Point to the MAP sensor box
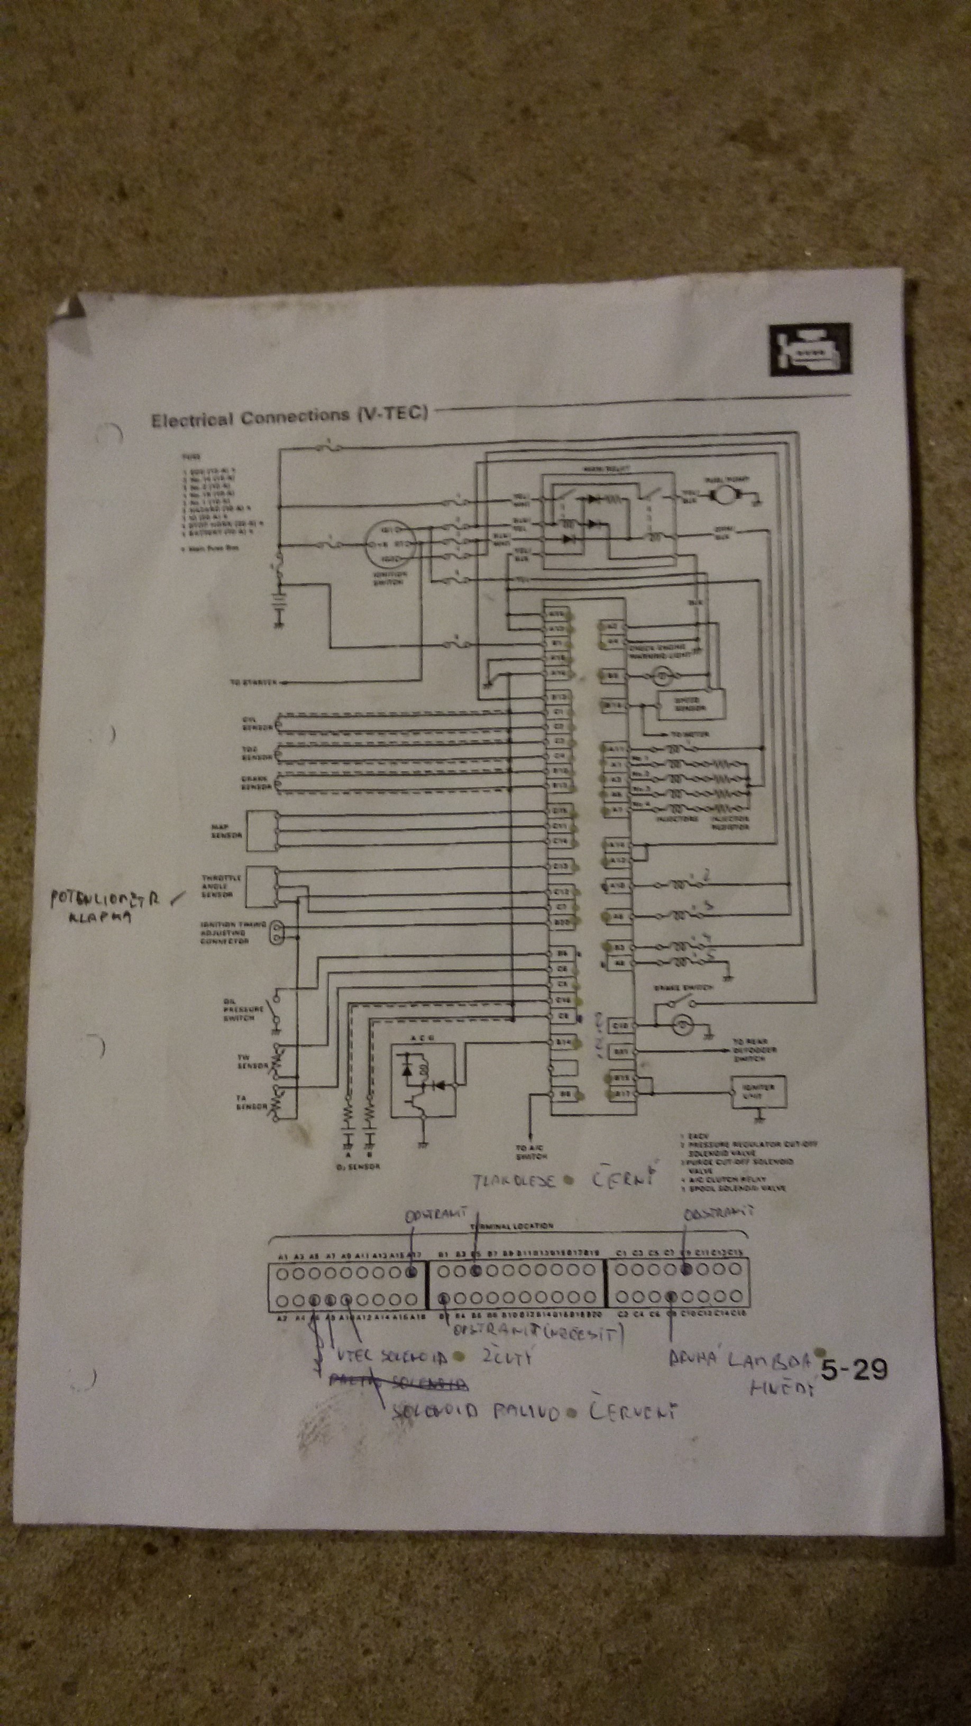262,831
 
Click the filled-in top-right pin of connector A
413,1271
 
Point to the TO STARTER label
253,683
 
